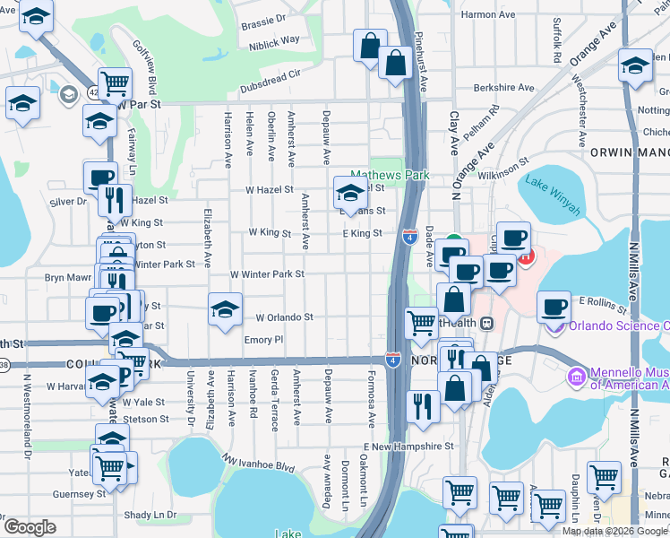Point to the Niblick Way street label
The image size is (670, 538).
[x=274, y=40]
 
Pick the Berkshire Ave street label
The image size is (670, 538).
[x=504, y=88]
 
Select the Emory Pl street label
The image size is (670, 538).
[x=263, y=340]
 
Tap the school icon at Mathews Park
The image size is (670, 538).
[x=350, y=191]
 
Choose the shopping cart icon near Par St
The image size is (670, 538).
[x=115, y=83]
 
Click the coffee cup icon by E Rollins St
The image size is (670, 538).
[x=554, y=307]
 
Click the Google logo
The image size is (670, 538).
[x=30, y=527]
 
